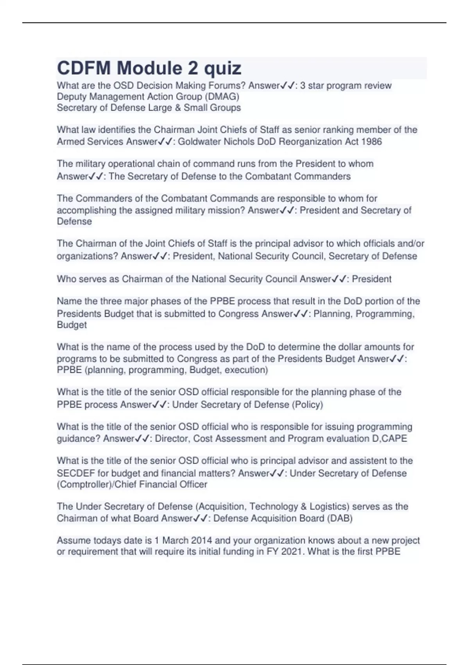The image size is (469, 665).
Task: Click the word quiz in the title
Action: [x=223, y=68]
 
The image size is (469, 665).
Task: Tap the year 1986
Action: [x=371, y=142]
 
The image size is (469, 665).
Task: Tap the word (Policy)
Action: [x=307, y=405]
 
